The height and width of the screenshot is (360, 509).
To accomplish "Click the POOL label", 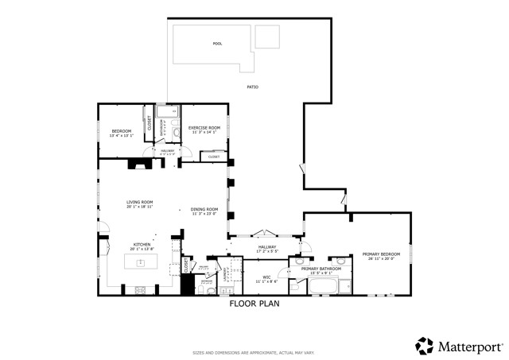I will click(x=217, y=44).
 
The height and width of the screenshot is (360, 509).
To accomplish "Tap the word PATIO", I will click(x=252, y=87).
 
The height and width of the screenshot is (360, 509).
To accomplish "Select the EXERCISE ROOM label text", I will click(x=204, y=127).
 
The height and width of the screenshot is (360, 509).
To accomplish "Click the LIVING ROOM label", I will click(x=139, y=202).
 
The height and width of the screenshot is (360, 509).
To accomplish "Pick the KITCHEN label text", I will click(x=142, y=245).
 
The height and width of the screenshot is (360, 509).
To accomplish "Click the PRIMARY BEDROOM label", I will click(x=381, y=254).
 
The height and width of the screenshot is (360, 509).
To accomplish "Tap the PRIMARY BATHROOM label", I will click(x=321, y=269).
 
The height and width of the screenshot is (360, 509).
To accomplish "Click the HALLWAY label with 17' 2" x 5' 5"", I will click(x=267, y=247).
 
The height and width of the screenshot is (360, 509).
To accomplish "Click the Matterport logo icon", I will click(x=425, y=346).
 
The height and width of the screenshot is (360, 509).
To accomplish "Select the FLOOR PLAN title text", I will click(x=254, y=304).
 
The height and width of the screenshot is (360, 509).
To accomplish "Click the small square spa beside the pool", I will click(x=267, y=37).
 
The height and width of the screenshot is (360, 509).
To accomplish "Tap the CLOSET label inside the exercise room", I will click(x=214, y=157).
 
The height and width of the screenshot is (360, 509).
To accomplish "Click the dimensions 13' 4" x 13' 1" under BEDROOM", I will click(x=121, y=136).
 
